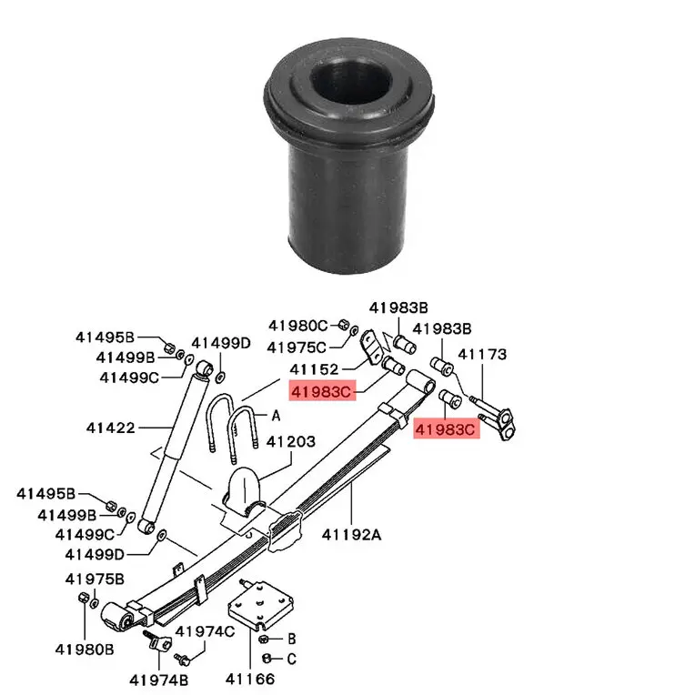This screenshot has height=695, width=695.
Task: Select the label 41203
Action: point(291,442)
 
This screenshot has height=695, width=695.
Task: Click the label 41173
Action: point(482,355)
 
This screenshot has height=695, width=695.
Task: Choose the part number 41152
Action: point(315,369)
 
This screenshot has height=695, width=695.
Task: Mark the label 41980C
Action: point(298,326)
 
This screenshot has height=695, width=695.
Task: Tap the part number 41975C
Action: point(297,347)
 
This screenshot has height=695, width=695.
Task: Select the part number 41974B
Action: point(158,679)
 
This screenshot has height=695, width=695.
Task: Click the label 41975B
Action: point(95,579)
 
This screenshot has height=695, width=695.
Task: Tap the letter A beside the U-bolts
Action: point(276,415)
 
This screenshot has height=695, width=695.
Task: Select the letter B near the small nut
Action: point(292,639)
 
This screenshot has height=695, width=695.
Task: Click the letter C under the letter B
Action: point(292,658)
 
